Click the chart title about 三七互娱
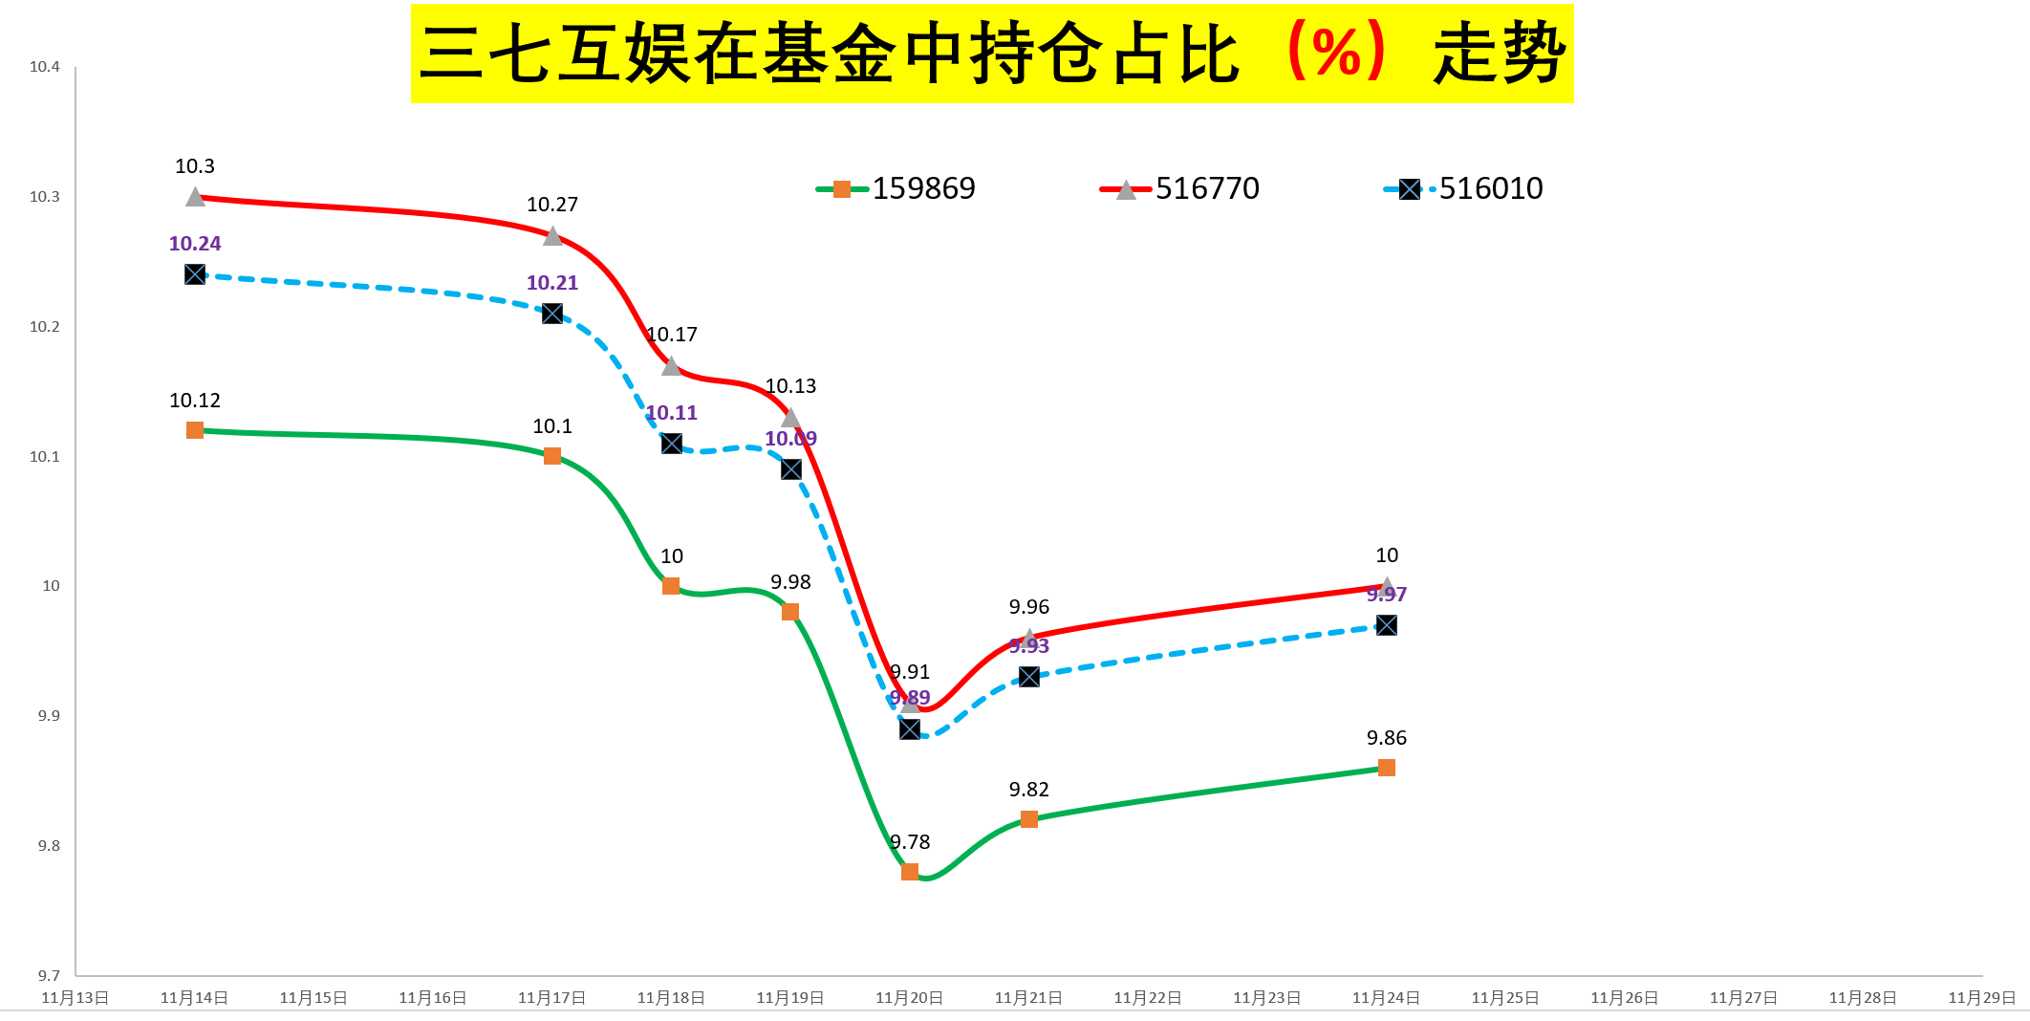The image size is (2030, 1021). (x=992, y=54)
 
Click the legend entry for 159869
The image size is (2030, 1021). (x=896, y=188)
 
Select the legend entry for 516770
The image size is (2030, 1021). (x=1180, y=188)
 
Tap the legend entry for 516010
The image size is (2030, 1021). (x=1463, y=188)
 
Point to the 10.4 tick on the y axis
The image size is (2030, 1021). (x=45, y=67)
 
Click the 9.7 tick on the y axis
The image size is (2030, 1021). (x=49, y=975)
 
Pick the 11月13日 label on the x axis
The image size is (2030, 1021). (x=76, y=998)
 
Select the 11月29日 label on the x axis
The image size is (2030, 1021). (x=1982, y=998)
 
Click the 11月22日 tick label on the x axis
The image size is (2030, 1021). (x=1148, y=998)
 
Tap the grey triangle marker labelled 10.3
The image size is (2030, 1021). (x=195, y=197)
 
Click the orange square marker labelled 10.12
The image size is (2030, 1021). (x=195, y=430)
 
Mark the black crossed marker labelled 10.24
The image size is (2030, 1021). (x=195, y=274)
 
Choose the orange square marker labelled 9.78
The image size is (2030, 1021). (x=910, y=872)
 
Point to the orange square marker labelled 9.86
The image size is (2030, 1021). (x=1387, y=768)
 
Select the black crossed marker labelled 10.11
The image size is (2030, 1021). (x=672, y=444)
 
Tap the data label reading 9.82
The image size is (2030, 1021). (x=1029, y=790)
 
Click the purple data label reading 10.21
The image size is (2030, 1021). (x=552, y=283)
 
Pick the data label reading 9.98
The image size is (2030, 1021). (x=790, y=582)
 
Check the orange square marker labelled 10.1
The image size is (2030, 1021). (x=552, y=456)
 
